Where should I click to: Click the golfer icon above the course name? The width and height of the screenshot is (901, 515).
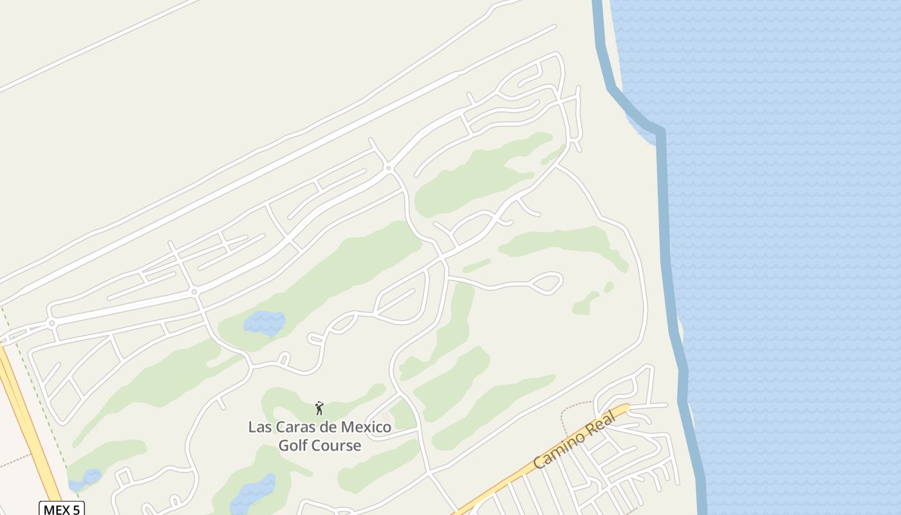pos(319,408)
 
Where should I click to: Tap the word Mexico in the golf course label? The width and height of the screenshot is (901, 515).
pos(366,427)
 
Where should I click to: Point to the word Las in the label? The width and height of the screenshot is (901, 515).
pos(260,427)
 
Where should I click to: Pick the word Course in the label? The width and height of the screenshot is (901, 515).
pos(337,445)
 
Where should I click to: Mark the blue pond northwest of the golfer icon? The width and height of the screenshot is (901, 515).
pos(265,322)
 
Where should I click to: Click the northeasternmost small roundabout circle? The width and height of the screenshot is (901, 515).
pos(388,167)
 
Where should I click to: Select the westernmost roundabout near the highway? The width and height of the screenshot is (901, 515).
pos(51,323)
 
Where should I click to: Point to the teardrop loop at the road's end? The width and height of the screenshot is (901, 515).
pos(548,283)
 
